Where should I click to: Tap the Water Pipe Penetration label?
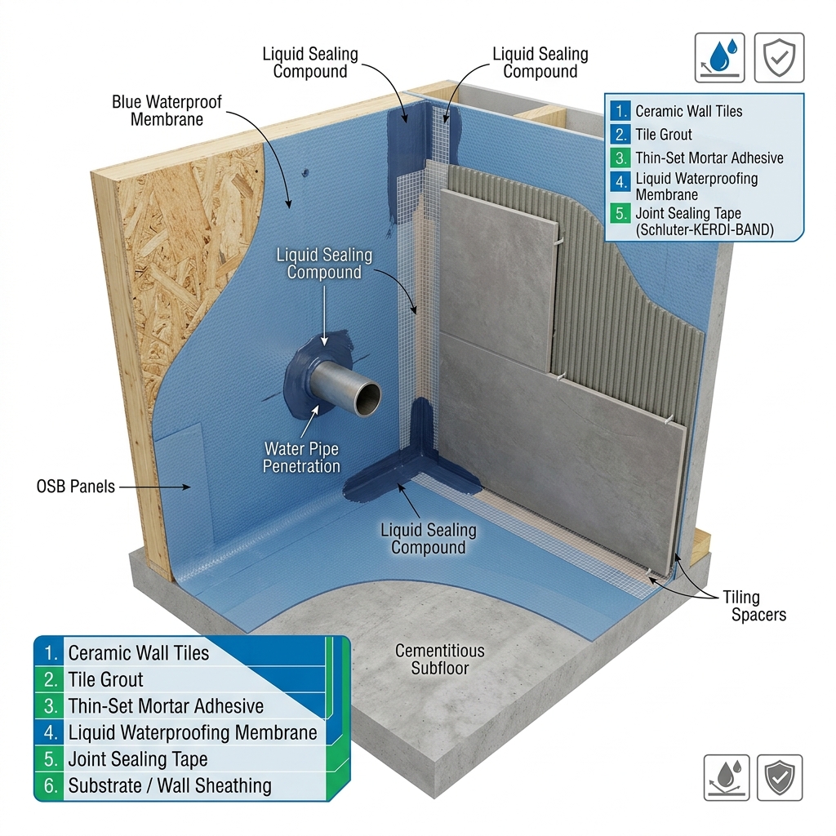301,457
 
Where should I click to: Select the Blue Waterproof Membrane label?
167,110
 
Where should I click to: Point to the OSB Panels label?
76,487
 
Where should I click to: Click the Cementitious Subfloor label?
440,659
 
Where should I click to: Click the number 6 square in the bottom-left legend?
50,785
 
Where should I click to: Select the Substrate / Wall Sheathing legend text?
170,785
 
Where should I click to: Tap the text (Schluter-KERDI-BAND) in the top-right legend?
705,229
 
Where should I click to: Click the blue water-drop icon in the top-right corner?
720,58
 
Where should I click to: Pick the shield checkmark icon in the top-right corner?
779,58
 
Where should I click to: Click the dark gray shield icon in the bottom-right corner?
780,777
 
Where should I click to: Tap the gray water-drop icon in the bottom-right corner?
726,777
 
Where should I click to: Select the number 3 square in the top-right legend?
620,158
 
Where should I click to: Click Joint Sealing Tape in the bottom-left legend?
137,758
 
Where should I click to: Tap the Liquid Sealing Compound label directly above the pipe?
324,264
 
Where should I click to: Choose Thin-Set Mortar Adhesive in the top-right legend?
709,158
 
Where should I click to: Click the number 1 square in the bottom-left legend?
50,652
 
